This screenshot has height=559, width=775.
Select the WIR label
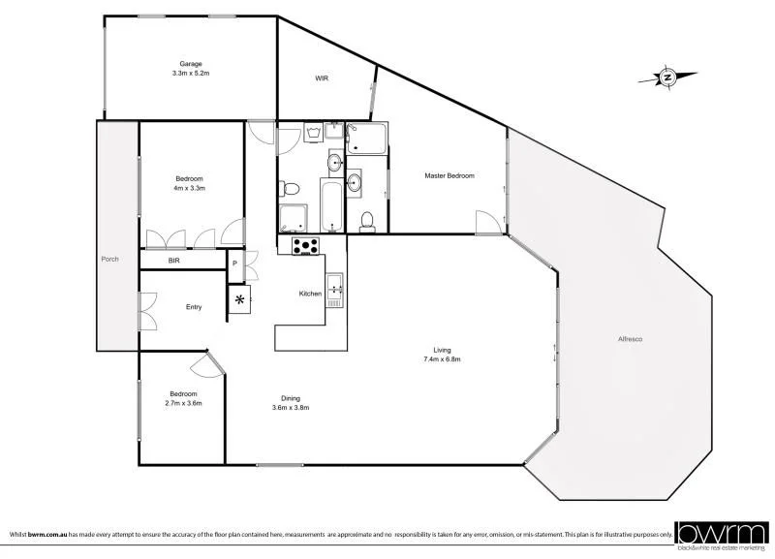click(x=322, y=78)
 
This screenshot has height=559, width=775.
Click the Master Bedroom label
click(x=449, y=175)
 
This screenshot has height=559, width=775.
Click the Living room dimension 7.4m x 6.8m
click(x=442, y=359)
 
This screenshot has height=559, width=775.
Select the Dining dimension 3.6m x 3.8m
click(x=291, y=407)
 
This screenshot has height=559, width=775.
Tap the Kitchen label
click(x=310, y=293)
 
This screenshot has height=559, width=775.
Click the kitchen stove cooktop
click(x=306, y=246)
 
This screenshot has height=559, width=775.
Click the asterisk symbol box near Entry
click(x=239, y=300)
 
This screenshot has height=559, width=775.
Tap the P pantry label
click(x=233, y=262)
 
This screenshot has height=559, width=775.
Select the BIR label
click(x=174, y=261)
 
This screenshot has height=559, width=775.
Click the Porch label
click(x=109, y=260)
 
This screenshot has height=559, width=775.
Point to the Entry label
click(x=194, y=307)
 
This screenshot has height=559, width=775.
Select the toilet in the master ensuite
click(x=366, y=221)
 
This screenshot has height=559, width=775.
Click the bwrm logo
click(x=722, y=532)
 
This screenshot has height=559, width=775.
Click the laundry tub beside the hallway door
click(x=313, y=133)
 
